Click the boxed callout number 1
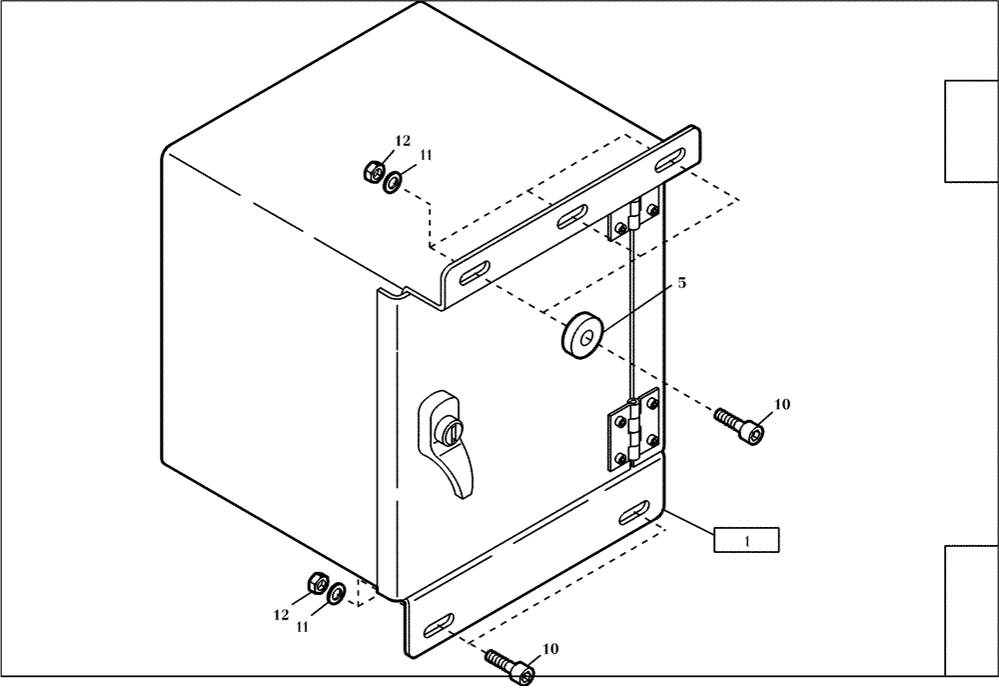click(745, 539)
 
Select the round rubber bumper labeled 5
click(580, 332)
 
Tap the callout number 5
click(682, 283)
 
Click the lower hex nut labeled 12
click(319, 583)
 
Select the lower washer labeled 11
click(338, 593)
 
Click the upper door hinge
click(630, 220)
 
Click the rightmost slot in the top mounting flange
click(671, 157)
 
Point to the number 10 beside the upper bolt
click(781, 404)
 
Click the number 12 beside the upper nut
click(402, 142)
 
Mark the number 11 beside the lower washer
click(302, 626)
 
